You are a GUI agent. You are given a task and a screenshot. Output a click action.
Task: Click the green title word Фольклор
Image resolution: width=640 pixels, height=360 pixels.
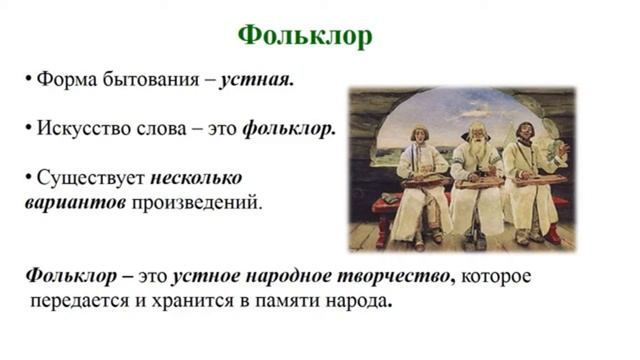tap(305, 36)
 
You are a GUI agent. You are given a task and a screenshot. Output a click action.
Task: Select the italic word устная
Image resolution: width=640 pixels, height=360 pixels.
tap(258, 81)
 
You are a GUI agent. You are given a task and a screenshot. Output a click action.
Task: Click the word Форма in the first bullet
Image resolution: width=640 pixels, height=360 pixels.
tap(63, 81)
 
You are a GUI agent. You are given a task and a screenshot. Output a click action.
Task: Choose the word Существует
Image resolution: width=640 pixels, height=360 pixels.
tap(90, 179)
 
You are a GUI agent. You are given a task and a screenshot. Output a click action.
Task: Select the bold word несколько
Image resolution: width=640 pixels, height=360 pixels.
tap(197, 179)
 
